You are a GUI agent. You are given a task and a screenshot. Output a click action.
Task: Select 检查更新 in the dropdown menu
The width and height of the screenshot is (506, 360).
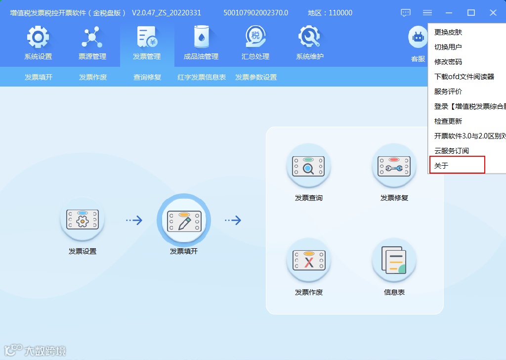coord(448,121)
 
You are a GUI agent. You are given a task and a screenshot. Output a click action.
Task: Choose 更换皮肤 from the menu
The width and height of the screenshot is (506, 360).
coord(448,32)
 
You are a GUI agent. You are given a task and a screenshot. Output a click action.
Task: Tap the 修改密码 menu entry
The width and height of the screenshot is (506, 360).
coord(448,62)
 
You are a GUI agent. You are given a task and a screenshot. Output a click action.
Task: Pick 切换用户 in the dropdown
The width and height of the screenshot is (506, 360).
coord(448,47)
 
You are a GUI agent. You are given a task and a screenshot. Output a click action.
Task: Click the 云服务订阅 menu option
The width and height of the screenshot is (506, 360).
coord(452,151)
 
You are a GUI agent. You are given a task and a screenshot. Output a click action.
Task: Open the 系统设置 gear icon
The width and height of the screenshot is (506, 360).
coord(38,38)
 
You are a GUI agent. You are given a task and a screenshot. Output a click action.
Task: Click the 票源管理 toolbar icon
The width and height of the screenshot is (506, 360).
coord(92,38)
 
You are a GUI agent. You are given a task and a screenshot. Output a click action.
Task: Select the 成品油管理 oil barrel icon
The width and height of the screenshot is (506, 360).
coord(201,38)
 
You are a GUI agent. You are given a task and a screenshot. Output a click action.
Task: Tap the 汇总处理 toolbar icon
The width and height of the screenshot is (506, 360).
coord(255,38)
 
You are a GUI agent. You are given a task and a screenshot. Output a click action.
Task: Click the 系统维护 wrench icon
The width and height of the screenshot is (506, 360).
coord(310,38)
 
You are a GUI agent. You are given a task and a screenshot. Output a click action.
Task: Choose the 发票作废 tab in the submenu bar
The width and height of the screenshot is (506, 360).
coord(93,77)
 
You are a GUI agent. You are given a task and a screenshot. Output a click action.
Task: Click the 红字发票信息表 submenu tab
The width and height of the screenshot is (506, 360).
coord(202,77)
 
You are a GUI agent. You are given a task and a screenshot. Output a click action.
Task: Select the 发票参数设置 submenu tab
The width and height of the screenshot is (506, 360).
coord(256,77)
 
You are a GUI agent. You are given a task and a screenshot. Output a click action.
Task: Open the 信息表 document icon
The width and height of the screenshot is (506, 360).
coord(394,261)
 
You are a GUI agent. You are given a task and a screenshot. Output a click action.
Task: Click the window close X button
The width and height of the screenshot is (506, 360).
coord(493,13)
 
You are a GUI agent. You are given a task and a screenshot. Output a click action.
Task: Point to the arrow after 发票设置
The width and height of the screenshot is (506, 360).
coord(134,221)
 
